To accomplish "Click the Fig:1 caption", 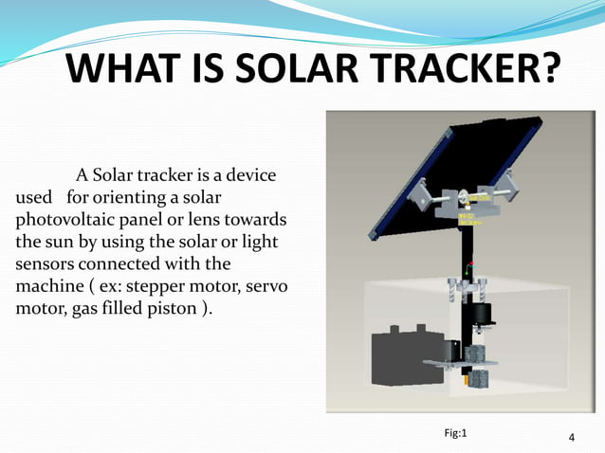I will (x=456, y=433).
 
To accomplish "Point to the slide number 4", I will (x=572, y=438).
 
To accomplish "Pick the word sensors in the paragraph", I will (x=46, y=263).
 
